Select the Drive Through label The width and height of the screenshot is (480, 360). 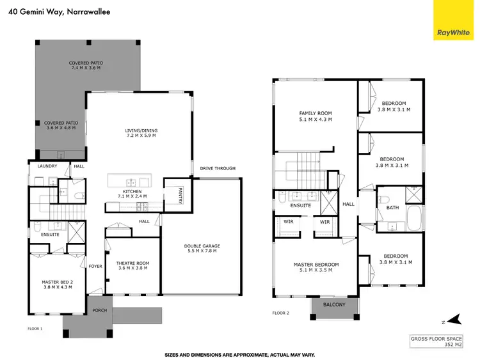(217, 169)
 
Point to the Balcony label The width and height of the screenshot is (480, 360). (333, 305)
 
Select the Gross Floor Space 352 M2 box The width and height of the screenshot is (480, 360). (436, 341)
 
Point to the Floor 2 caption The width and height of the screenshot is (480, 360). (281, 313)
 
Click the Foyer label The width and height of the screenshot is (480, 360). (96, 266)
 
